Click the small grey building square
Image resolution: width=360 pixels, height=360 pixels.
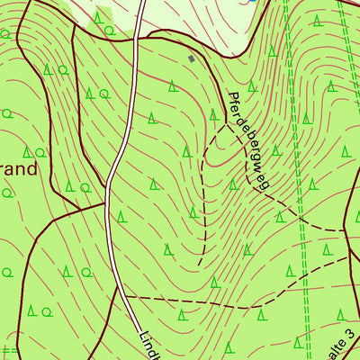[191, 58]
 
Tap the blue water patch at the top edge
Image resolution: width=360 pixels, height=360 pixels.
[254, 2]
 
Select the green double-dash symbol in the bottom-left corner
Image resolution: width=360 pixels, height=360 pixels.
[9, 350]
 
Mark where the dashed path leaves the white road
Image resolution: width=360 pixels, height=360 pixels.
[123, 295]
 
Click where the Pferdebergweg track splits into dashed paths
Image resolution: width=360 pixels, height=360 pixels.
[223, 124]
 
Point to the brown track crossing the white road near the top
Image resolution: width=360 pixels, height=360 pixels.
[135, 40]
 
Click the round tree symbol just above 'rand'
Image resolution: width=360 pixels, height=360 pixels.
[40, 152]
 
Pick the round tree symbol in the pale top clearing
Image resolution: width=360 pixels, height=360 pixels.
[109, 30]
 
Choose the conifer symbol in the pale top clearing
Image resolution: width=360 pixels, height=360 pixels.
[97, 17]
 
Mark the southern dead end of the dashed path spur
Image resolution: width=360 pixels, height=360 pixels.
[201, 265]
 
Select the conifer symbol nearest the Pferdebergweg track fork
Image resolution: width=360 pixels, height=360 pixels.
[213, 114]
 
